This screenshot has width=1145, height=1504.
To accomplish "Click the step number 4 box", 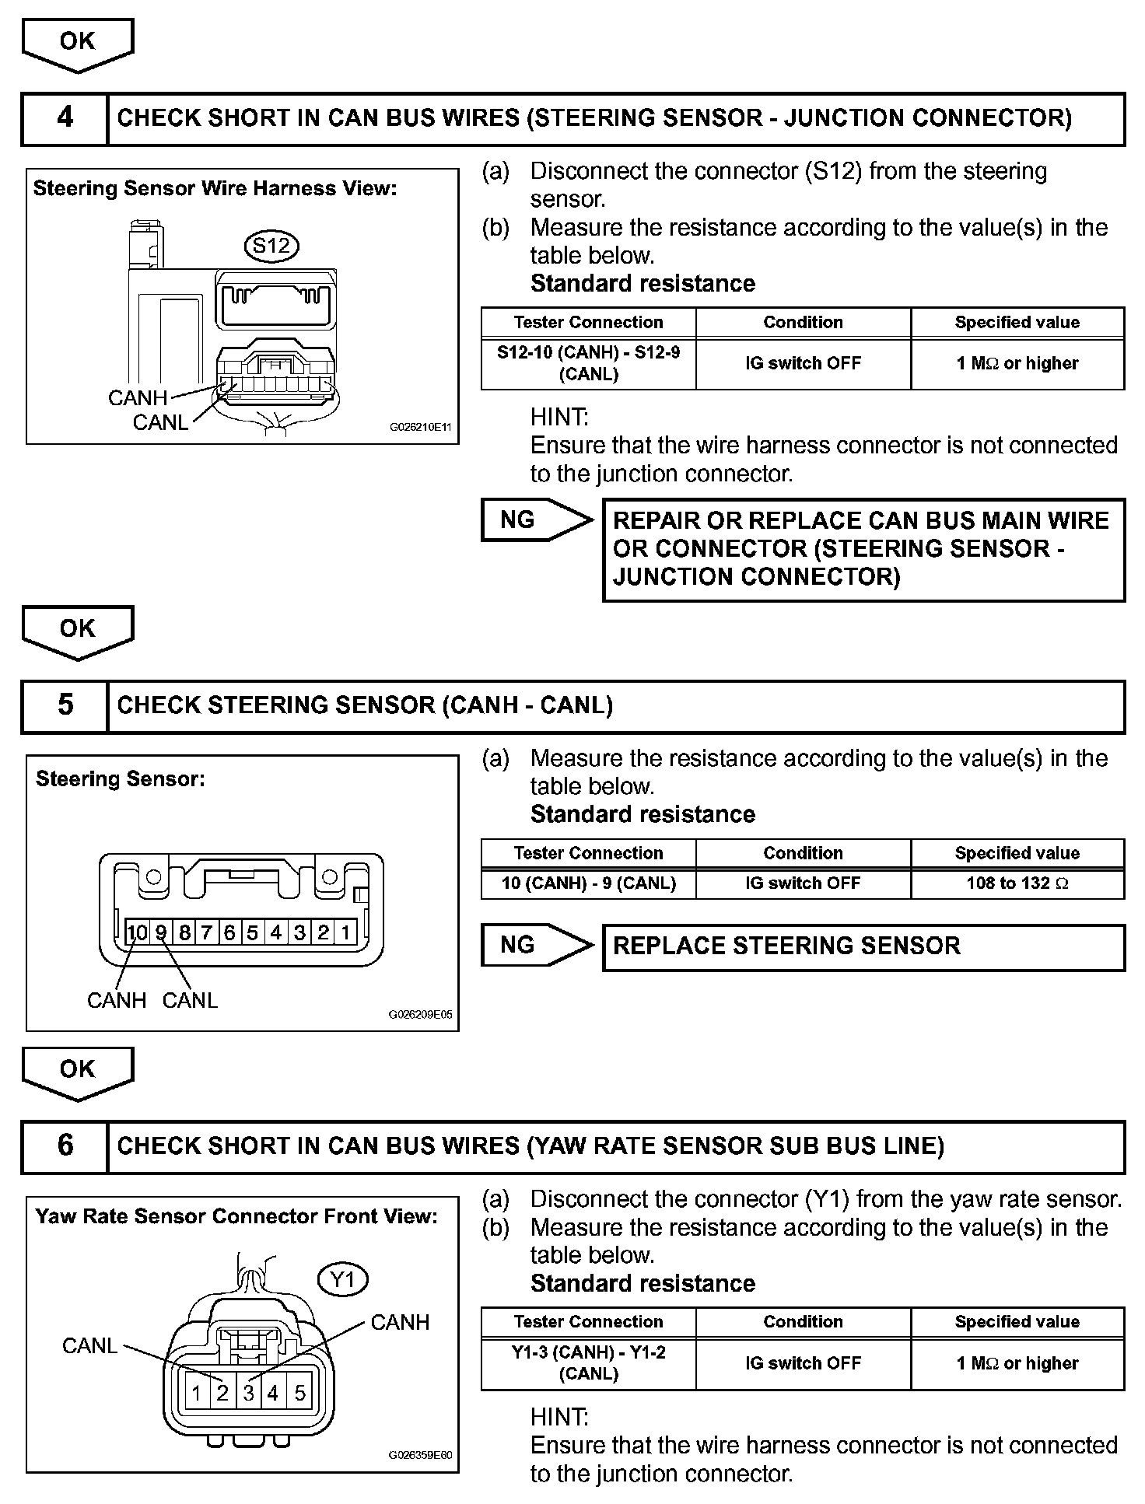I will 65,118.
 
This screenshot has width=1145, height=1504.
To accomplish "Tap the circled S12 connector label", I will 271,246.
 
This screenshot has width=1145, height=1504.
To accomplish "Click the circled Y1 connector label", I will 342,1279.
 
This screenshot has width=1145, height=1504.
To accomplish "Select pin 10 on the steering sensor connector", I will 137,932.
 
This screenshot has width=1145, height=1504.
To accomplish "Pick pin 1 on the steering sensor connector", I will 345,932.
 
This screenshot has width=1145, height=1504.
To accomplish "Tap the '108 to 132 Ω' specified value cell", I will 1017,883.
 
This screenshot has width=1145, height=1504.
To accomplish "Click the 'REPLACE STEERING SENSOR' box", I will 863,946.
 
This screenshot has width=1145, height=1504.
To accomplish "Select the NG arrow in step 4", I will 535,519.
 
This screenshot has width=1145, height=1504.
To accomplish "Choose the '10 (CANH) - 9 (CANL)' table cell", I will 588,883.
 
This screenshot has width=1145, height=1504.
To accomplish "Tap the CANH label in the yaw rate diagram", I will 400,1322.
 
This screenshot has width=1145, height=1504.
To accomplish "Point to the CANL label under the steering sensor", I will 190,1000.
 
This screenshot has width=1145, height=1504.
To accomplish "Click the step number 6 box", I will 65,1145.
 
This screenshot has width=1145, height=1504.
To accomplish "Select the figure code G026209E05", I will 420,1015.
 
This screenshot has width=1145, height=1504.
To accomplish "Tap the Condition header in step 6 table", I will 803,1321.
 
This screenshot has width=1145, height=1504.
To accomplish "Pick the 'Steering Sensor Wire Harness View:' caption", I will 215,188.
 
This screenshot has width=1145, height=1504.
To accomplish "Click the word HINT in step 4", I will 559,418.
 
